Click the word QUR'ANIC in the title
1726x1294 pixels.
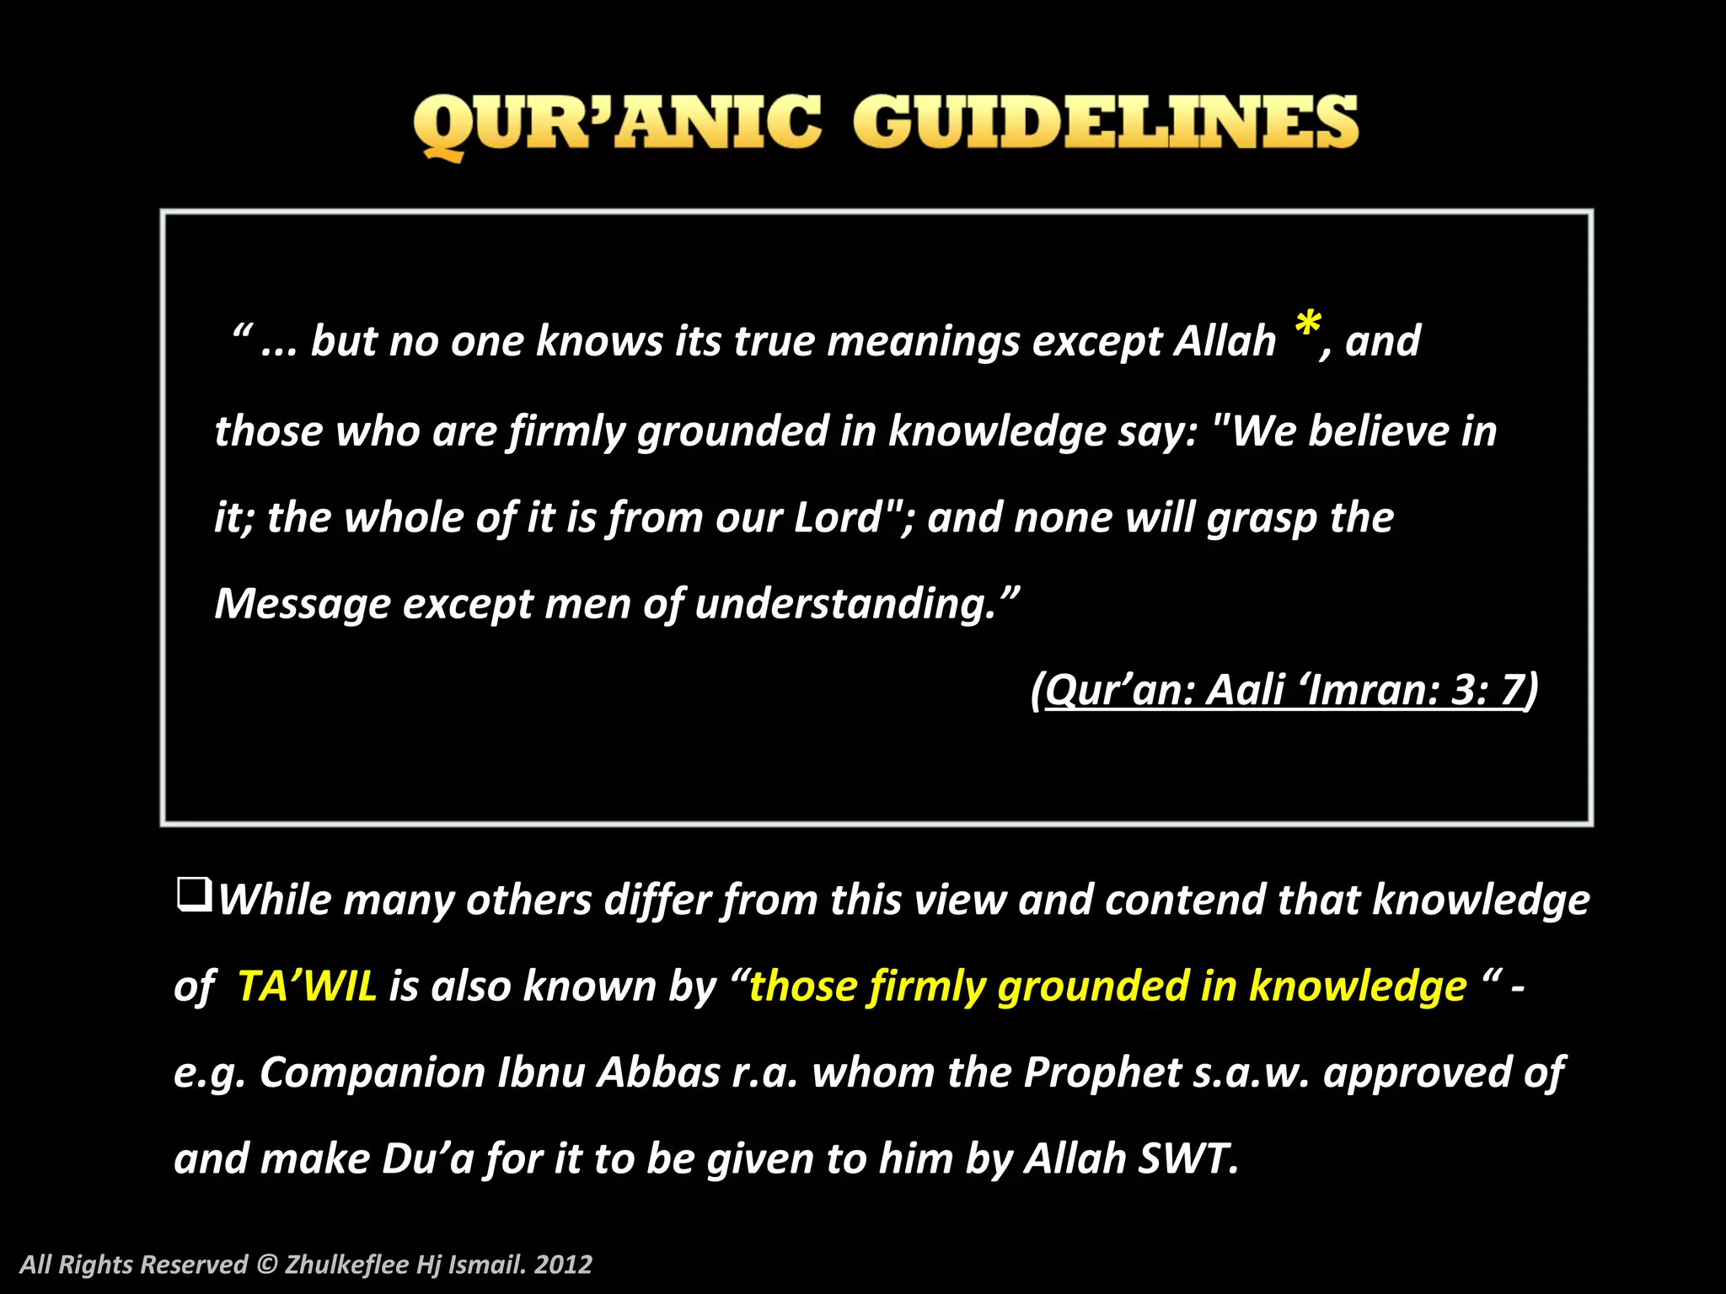click(x=616, y=124)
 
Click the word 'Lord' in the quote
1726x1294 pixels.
click(x=838, y=516)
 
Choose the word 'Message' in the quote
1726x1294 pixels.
click(x=303, y=603)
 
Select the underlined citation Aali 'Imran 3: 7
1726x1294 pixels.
click(x=1284, y=689)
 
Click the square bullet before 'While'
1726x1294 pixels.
click(x=193, y=895)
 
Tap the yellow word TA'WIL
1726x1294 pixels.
click(x=307, y=986)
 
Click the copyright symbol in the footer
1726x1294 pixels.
click(x=266, y=1264)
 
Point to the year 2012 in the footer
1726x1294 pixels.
click(x=563, y=1264)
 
